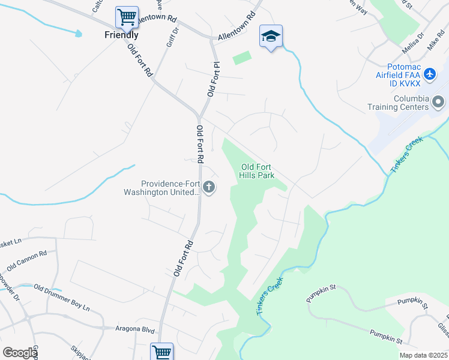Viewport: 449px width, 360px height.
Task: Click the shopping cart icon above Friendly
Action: coord(127,16)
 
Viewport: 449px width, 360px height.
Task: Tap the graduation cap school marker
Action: coord(271,36)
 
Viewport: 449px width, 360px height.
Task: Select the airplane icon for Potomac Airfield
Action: coord(429,74)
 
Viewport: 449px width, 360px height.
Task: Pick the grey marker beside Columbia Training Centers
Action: coord(439,102)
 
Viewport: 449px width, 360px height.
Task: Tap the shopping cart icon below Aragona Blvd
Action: coord(161,352)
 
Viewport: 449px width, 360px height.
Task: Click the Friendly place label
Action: coord(121,35)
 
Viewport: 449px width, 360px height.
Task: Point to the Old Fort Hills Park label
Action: coord(258,171)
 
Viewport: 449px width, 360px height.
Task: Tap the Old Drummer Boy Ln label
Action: coord(61,298)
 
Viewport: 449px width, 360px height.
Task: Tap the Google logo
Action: coord(20,352)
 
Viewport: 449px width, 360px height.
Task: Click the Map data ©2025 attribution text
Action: coord(423,355)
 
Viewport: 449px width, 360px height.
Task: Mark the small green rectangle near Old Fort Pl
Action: coord(241,58)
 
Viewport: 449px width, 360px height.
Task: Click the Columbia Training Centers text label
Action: coord(399,103)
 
